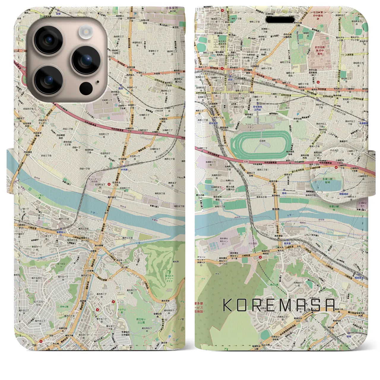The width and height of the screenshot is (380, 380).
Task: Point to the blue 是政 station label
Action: point(284,193)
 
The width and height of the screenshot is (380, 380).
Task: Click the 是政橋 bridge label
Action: point(276,209)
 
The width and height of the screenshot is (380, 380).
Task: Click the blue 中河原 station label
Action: point(124,170)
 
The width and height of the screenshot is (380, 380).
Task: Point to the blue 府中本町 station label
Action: point(213,123)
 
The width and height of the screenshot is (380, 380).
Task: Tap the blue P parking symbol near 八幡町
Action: point(297,114)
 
